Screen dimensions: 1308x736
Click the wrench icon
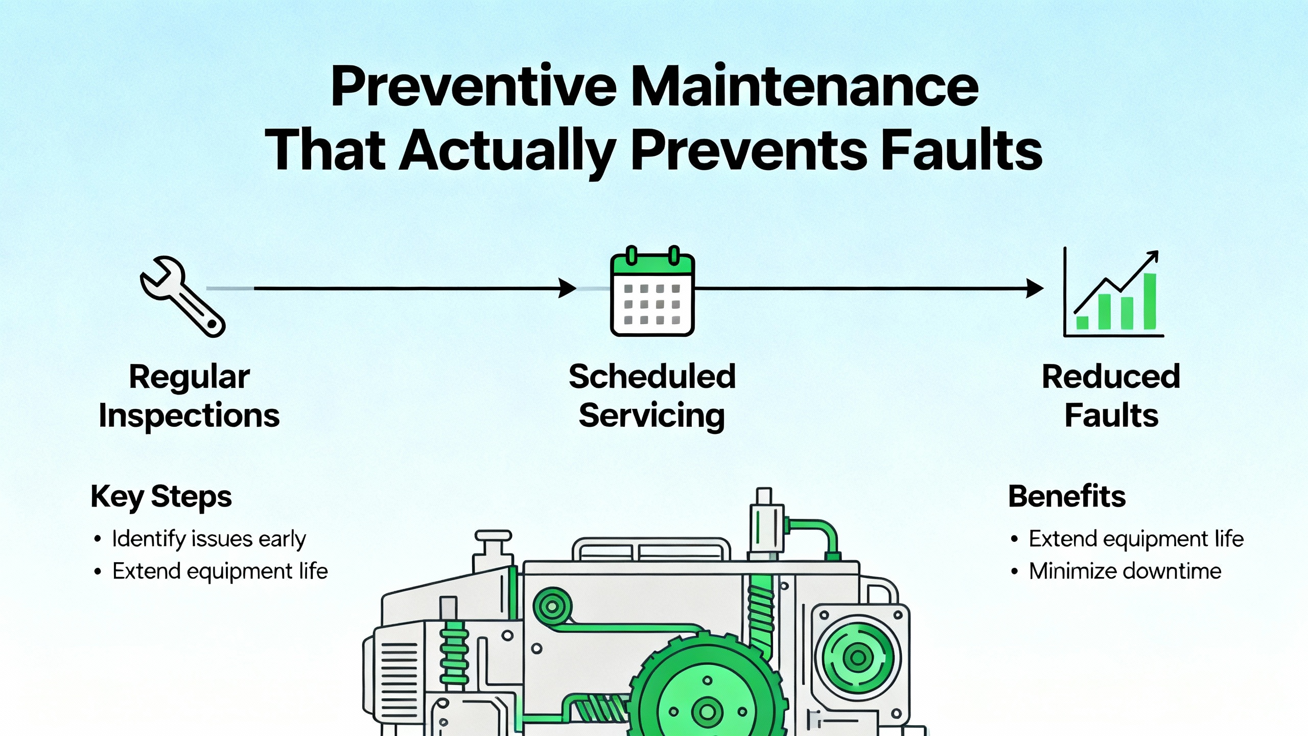[182, 296]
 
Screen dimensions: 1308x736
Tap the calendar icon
[652, 291]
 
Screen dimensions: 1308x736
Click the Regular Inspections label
[189, 396]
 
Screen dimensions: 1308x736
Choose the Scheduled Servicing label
[652, 396]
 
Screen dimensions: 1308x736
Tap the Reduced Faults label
[1111, 396]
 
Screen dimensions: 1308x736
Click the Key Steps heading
[161, 497]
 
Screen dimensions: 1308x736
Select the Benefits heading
[1067, 496]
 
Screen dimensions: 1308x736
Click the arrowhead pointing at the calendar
[567, 288]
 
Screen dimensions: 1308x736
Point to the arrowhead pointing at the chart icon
[1035, 288]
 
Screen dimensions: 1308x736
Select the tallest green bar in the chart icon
[1150, 302]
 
